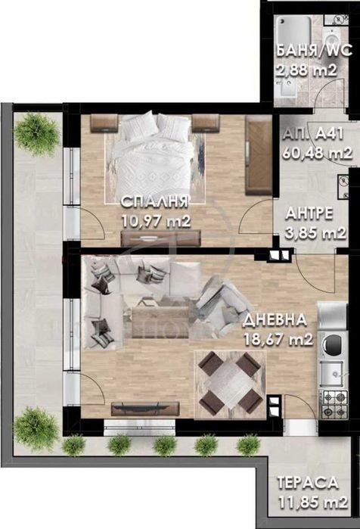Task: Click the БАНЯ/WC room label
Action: tap(314, 51)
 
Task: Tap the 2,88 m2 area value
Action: tap(306, 70)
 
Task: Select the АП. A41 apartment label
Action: tap(313, 134)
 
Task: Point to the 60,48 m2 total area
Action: tap(317, 153)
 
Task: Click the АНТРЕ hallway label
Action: tap(309, 213)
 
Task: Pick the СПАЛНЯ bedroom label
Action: tap(154, 201)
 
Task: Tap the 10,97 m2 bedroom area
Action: tap(157, 221)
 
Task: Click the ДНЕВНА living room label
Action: tap(275, 320)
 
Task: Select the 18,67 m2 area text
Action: tap(278, 339)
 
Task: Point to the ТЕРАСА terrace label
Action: tap(308, 483)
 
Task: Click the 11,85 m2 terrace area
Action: tap(313, 503)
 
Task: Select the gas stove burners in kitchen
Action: tap(335, 404)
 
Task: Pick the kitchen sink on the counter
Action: tap(332, 373)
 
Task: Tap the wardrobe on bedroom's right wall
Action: tap(259, 155)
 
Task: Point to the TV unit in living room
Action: tap(145, 409)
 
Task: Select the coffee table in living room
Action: tap(160, 322)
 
